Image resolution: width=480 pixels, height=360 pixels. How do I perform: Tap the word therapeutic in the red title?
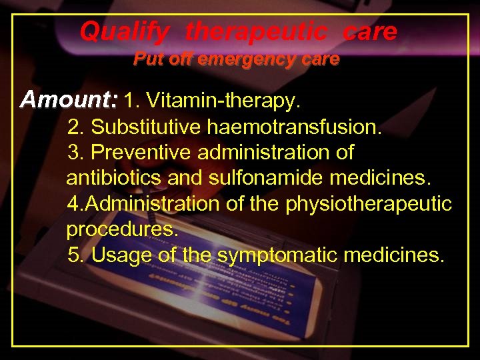point(257,31)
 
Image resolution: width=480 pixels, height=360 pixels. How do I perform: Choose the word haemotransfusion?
point(295,127)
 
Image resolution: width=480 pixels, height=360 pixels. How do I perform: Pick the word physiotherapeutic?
point(369,204)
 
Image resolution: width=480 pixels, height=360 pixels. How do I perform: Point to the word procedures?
point(123,229)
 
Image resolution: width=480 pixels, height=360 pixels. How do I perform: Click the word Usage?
point(120,255)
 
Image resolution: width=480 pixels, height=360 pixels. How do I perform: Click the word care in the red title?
point(370,31)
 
